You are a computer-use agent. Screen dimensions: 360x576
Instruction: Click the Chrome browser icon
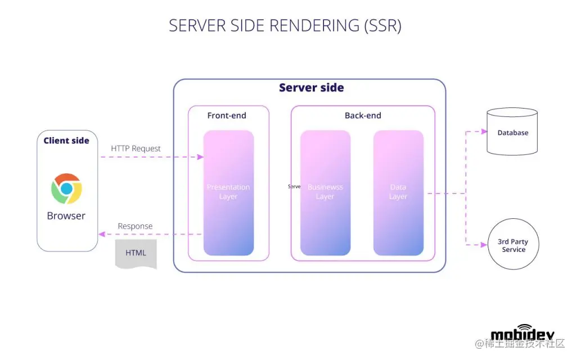(66, 189)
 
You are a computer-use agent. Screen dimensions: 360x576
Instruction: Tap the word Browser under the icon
(66, 216)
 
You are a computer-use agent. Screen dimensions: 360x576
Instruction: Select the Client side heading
(66, 141)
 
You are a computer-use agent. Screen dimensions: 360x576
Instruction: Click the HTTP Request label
(136, 148)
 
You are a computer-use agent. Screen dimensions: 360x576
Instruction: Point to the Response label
(135, 226)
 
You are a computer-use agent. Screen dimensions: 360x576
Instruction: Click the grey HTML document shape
(136, 253)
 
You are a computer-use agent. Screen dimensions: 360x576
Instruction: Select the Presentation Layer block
(228, 192)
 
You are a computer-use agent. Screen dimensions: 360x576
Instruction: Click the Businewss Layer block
(325, 192)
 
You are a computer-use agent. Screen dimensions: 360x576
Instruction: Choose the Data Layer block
(398, 192)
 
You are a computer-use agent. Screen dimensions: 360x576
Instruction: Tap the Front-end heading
(227, 116)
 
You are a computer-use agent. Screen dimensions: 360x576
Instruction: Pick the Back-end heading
(363, 116)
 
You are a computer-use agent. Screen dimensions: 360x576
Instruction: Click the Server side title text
(311, 88)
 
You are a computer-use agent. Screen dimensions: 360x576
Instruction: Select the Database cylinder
(513, 133)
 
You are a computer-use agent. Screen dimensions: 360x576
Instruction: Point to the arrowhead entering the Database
(484, 132)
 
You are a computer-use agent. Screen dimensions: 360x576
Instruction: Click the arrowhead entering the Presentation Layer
(200, 157)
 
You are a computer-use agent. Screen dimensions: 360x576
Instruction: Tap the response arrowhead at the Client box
(101, 234)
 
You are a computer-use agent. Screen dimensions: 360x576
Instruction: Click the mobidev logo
(522, 334)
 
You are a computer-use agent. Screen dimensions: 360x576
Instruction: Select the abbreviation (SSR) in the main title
(382, 26)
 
